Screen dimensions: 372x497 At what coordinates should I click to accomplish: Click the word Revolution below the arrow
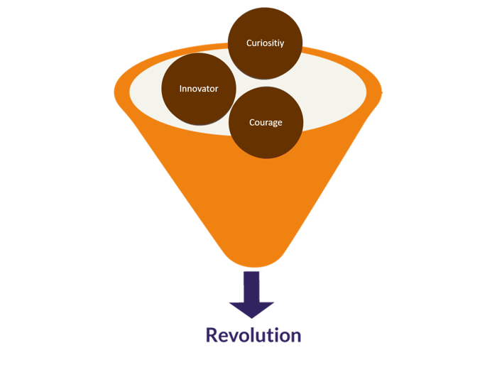pyautogui.click(x=253, y=334)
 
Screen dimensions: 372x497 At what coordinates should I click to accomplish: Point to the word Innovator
pyautogui.click(x=199, y=89)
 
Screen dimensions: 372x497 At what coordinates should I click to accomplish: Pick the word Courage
pyautogui.click(x=266, y=123)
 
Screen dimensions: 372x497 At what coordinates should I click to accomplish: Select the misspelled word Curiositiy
pyautogui.click(x=265, y=43)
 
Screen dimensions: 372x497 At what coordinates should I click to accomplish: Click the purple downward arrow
pyautogui.click(x=251, y=292)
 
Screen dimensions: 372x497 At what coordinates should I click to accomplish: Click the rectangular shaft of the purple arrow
pyautogui.click(x=251, y=284)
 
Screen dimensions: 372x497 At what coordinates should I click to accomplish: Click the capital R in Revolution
pyautogui.click(x=212, y=334)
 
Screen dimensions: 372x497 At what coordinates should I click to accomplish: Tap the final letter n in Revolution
pyautogui.click(x=296, y=335)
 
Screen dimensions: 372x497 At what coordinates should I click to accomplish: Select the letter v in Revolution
pyautogui.click(x=234, y=336)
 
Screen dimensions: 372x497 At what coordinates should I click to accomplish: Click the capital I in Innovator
pyautogui.click(x=182, y=89)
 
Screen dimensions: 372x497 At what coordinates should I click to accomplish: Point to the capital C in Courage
pyautogui.click(x=252, y=123)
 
